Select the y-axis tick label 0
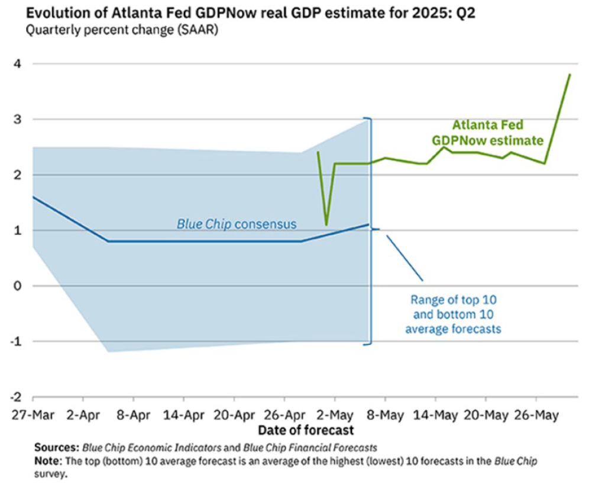[20, 286]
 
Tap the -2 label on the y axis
[18, 397]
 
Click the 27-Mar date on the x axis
[32, 415]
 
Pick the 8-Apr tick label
[132, 415]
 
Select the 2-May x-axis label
[334, 415]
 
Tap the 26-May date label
[535, 415]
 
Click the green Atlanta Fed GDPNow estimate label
[487, 133]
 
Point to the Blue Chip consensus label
[237, 224]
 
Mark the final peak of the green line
[570, 75]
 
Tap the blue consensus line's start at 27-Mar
[33, 196]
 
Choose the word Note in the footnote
[47, 459]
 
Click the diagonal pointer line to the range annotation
[405, 258]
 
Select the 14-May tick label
[434, 415]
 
